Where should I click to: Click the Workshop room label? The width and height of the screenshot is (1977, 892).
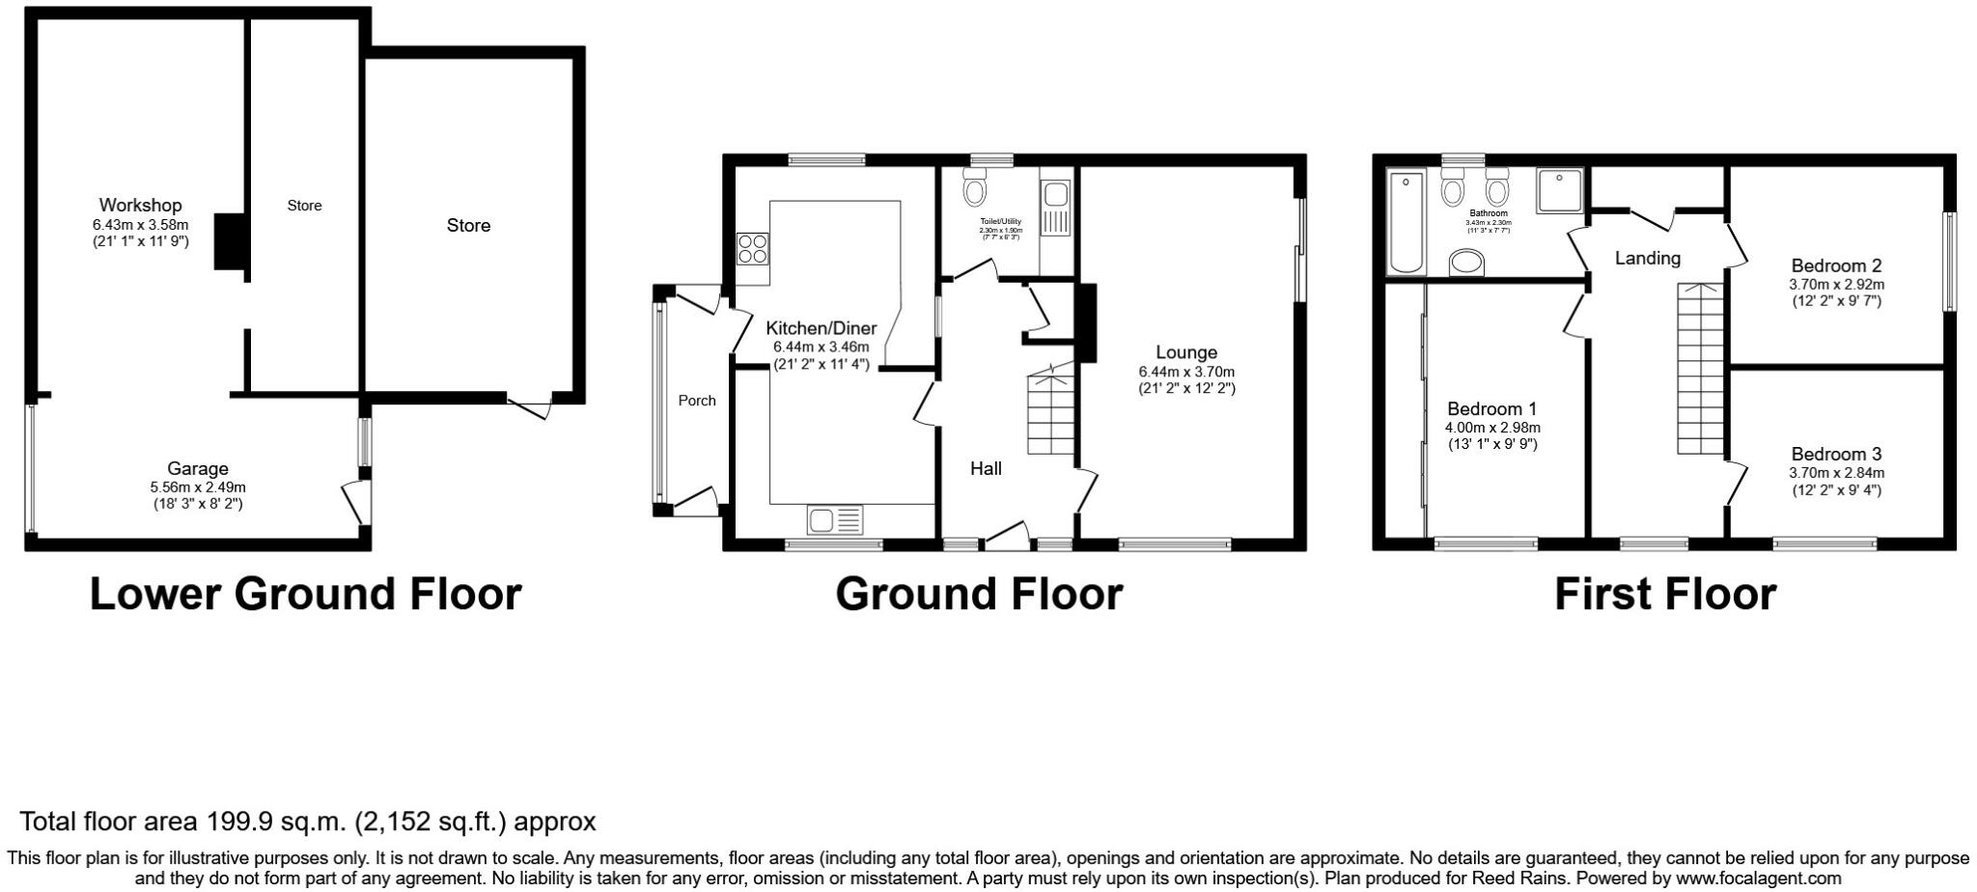140,205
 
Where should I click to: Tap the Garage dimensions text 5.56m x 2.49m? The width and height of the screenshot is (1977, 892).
198,487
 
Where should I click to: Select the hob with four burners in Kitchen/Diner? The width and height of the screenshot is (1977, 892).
752,249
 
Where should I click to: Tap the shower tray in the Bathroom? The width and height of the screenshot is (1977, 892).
1559,191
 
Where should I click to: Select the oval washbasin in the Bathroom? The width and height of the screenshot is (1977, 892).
1467,262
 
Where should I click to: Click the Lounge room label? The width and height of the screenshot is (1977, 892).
1186,352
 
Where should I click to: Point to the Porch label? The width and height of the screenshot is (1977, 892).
697,400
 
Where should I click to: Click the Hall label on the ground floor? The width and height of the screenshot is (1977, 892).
986,468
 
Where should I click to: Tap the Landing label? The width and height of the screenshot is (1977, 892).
1648,258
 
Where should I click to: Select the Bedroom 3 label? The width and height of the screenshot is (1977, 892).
1836,454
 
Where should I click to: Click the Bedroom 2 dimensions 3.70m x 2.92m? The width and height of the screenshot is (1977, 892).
1836,284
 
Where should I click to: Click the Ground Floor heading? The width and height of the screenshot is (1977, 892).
979,595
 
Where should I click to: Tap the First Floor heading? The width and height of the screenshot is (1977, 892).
1664,595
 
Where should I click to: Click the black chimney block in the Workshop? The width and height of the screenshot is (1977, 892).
230,241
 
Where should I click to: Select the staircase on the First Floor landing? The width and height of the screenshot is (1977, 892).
1700,368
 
